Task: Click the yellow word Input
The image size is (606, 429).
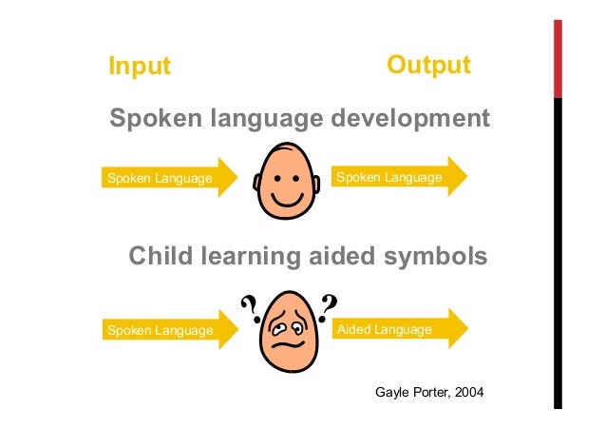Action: point(140,67)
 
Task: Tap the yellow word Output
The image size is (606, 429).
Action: point(428,65)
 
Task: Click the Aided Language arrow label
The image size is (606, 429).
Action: point(384,329)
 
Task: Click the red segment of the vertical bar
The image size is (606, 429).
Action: point(559,57)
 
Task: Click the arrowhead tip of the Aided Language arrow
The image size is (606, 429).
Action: point(466,329)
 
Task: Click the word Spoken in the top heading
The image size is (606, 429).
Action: point(157,119)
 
